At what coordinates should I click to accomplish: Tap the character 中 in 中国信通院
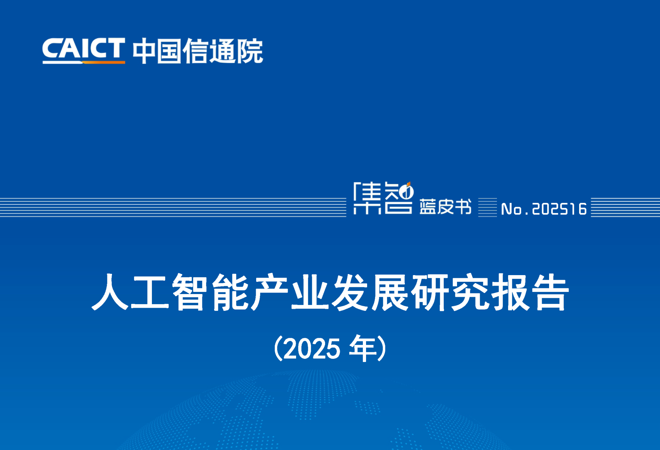[144, 51]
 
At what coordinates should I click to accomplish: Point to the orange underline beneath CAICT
[104, 62]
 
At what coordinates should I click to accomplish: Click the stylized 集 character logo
[367, 198]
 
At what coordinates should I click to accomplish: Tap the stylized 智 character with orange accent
[399, 198]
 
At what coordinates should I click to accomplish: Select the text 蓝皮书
[445, 206]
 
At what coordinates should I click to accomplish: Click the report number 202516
[559, 209]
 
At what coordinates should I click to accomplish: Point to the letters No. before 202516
[515, 209]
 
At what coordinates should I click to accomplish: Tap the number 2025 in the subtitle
[311, 349]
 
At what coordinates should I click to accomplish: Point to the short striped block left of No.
[487, 207]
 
